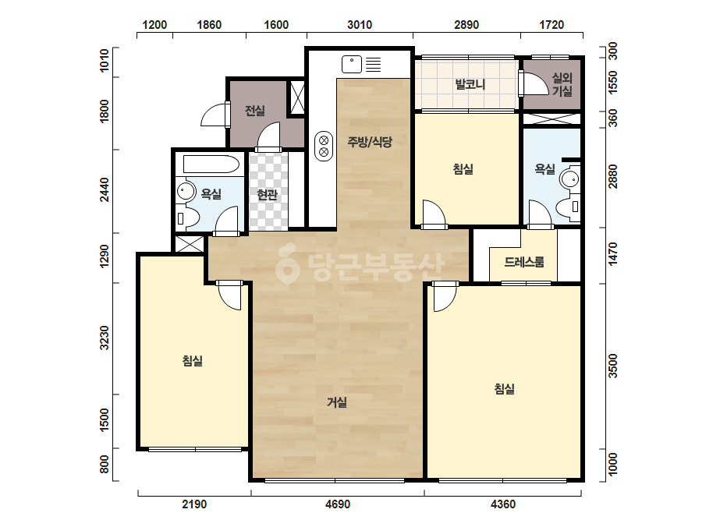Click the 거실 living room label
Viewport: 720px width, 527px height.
[336, 402]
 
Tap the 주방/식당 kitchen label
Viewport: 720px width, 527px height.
[370, 142]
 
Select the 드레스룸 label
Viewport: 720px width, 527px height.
[524, 262]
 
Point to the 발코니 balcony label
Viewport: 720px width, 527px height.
[470, 84]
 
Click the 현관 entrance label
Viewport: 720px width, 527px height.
[268, 195]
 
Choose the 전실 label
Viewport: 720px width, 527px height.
[255, 111]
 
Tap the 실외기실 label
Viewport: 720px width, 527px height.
[562, 84]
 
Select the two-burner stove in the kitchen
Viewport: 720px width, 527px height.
[323, 147]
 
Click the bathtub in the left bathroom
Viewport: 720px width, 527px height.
[211, 164]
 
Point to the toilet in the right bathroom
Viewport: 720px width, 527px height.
[569, 207]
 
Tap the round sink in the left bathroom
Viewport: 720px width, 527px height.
[186, 191]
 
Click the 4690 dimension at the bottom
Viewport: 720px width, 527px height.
[338, 504]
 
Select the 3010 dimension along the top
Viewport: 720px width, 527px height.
[360, 25]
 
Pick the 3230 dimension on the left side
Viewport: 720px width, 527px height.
[105, 338]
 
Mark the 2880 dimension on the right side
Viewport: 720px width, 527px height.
[612, 177]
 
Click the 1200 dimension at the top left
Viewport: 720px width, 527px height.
[154, 25]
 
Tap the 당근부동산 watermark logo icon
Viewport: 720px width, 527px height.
[287, 264]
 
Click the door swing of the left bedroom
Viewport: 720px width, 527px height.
[229, 296]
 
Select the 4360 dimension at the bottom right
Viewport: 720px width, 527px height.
[503, 504]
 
